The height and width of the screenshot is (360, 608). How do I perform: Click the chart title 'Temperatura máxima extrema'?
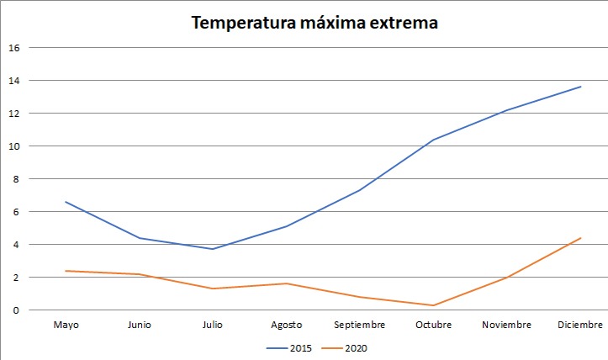[315, 23]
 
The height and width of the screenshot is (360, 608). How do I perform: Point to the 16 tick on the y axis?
[13, 48]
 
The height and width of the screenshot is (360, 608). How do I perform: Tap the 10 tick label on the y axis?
[13, 146]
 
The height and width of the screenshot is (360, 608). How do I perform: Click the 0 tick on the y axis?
[13, 310]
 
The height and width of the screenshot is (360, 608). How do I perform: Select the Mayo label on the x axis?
[66, 325]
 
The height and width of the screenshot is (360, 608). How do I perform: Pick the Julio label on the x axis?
[213, 325]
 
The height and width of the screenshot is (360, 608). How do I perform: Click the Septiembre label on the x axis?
[360, 325]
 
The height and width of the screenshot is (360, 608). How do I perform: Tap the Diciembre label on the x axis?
[580, 325]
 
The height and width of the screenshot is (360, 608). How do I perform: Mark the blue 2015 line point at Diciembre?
[580, 87]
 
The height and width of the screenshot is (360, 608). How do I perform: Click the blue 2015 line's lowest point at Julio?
[213, 249]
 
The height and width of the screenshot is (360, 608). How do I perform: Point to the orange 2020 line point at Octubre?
[433, 305]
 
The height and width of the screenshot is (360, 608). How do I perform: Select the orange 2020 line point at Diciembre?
[580, 238]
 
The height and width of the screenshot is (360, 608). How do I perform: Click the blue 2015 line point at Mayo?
[66, 202]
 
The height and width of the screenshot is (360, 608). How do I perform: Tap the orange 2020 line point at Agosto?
[286, 283]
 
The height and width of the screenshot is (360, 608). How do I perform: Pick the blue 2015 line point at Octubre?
[433, 140]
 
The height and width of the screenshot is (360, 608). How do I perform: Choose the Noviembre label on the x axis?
[507, 325]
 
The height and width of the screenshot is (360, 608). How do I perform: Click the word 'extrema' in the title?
[403, 23]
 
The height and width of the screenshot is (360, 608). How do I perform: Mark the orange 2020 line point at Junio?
[140, 274]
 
